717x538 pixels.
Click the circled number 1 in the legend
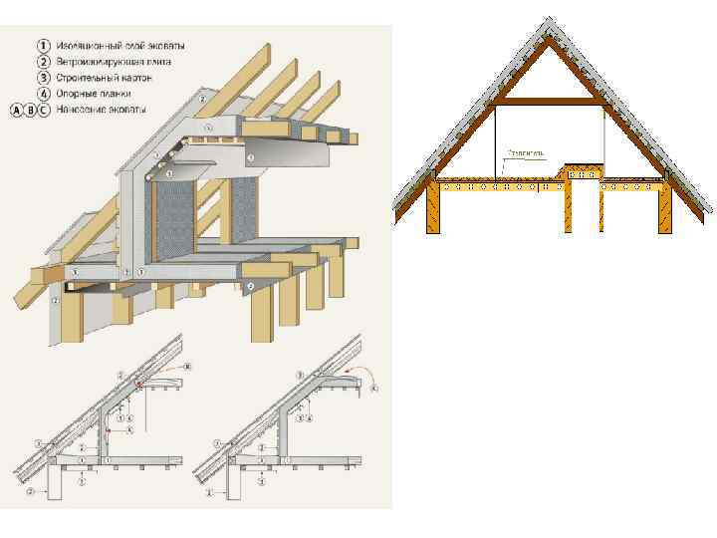coord(43,46)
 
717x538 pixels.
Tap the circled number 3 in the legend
coord(43,77)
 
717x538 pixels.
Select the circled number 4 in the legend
coord(43,93)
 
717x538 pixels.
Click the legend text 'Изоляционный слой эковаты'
coord(119,46)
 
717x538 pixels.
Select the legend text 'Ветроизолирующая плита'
coord(113,62)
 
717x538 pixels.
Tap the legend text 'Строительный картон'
coord(104,77)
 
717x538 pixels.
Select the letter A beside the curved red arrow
coord(374,391)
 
